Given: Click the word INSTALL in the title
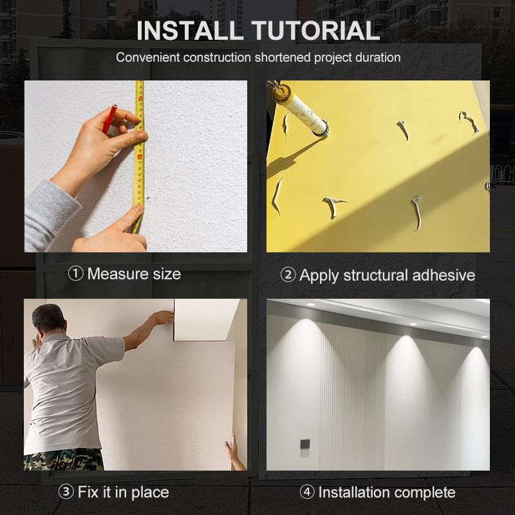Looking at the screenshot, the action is pyautogui.click(x=190, y=30).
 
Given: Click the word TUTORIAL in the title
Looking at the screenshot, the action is pyautogui.click(x=315, y=30).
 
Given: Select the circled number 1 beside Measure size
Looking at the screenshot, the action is pyautogui.click(x=75, y=274).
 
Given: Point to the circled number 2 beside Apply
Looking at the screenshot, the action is pyautogui.click(x=288, y=275).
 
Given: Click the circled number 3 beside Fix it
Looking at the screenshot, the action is pyautogui.click(x=66, y=492).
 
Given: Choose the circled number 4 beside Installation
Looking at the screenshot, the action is pyautogui.click(x=307, y=492).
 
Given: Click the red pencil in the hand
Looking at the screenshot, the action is pyautogui.click(x=110, y=118).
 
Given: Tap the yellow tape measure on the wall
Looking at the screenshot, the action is pyautogui.click(x=139, y=154).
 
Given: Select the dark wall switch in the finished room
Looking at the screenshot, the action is pyautogui.click(x=304, y=444).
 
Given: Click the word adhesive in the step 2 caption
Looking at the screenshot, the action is pyautogui.click(x=444, y=275).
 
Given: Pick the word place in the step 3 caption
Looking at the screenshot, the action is pyautogui.click(x=150, y=492).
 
